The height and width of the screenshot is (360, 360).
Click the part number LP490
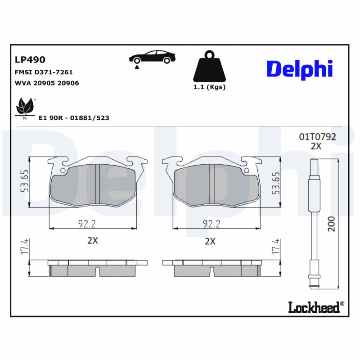point(30,59)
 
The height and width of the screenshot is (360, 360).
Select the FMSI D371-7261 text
point(44,72)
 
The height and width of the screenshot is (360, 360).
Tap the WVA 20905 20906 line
point(47,83)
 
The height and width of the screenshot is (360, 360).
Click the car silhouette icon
point(152,58)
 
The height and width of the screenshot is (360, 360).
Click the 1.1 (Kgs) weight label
point(209,87)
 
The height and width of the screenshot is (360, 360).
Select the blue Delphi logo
point(300,69)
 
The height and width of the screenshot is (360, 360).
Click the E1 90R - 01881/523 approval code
point(74,118)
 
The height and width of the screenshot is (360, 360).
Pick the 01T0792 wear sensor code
point(318,137)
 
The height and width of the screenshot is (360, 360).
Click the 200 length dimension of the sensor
point(331,223)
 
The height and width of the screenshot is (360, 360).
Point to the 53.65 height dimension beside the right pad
point(276,183)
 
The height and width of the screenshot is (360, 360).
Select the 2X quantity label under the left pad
point(92,241)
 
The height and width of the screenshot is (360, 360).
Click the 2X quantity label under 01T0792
point(316,146)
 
